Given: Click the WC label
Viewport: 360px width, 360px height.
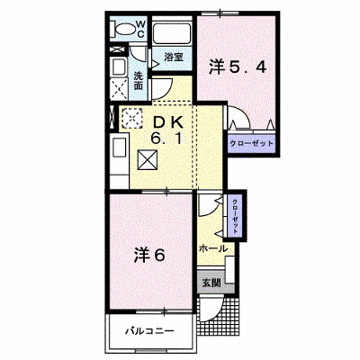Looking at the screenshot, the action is coord(141,29).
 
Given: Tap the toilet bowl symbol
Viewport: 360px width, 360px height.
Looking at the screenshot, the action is coord(123,30).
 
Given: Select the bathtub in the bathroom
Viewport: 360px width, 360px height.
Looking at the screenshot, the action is coord(172,33).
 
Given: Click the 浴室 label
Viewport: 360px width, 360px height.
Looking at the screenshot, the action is coord(174,57).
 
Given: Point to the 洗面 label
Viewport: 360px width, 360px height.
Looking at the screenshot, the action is coord(138,81).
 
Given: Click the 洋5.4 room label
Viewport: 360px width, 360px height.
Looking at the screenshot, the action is coord(238,67).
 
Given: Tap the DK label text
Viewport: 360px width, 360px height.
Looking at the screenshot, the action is coord(168,122).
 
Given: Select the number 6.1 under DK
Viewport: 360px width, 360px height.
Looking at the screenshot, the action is coord(166,139).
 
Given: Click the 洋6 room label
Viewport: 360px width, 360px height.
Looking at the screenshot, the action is coord(149,255).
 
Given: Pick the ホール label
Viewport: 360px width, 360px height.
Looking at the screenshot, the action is coord(213,248).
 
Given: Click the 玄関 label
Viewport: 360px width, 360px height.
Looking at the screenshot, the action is coord(211,283).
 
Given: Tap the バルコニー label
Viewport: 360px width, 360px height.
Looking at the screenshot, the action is coord(149,331).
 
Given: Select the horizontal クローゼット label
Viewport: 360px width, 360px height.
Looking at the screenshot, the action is coord(252,143).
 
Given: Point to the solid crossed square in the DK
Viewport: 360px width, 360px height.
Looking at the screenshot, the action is coord(148,160).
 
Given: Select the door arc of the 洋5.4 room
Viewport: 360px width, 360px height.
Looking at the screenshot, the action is coord(240,115).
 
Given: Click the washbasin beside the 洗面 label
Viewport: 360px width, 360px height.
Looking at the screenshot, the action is coord(119,67).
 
